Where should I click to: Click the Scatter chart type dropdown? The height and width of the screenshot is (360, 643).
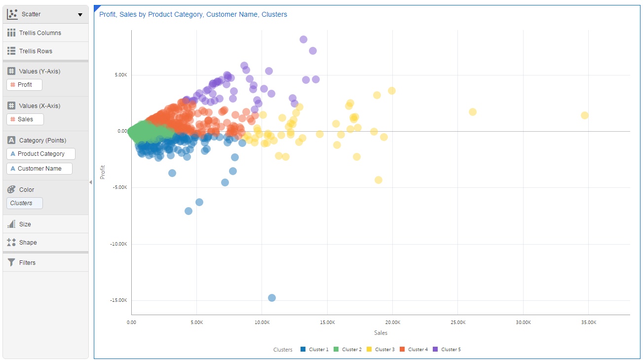pos(45,14)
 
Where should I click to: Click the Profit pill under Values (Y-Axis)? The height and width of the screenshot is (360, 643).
pos(25,85)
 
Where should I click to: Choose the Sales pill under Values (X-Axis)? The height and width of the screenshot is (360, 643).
pos(25,119)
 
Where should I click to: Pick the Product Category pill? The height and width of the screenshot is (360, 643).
pos(41,154)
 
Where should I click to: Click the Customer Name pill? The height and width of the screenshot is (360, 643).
pos(39,169)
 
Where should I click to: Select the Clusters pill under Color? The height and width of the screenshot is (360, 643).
pos(25,203)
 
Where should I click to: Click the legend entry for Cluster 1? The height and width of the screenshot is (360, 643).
pos(314,350)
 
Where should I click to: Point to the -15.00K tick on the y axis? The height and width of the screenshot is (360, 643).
pos(118,300)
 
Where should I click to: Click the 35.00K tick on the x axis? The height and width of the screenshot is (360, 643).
pos(588,323)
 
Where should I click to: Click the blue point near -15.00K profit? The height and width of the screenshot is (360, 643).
pos(271,298)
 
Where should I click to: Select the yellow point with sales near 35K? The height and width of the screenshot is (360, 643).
pos(584,115)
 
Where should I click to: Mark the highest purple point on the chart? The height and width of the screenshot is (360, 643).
pos(303,39)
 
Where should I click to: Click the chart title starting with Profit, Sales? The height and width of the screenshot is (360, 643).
pos(193,15)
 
